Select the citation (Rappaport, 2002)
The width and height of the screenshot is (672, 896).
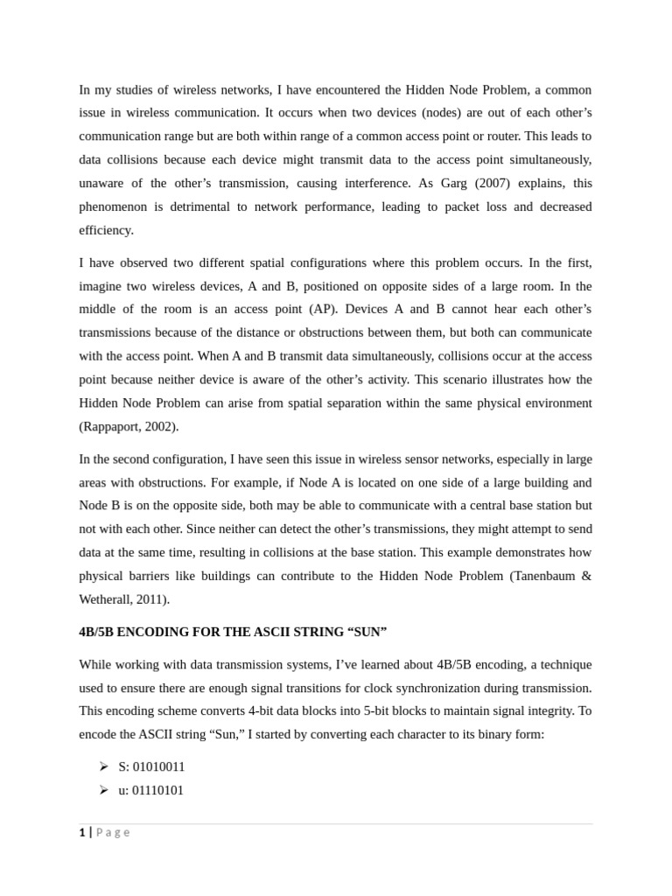point(129,426)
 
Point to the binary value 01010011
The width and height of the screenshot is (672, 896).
point(158,766)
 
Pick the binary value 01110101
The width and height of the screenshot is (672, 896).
point(157,790)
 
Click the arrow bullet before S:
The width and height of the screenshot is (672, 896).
point(104,766)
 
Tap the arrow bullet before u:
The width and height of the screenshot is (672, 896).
point(104,790)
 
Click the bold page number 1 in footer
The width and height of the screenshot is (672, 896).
point(82,833)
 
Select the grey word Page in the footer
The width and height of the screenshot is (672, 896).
point(113,833)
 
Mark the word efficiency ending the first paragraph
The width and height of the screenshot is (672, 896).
point(106,230)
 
